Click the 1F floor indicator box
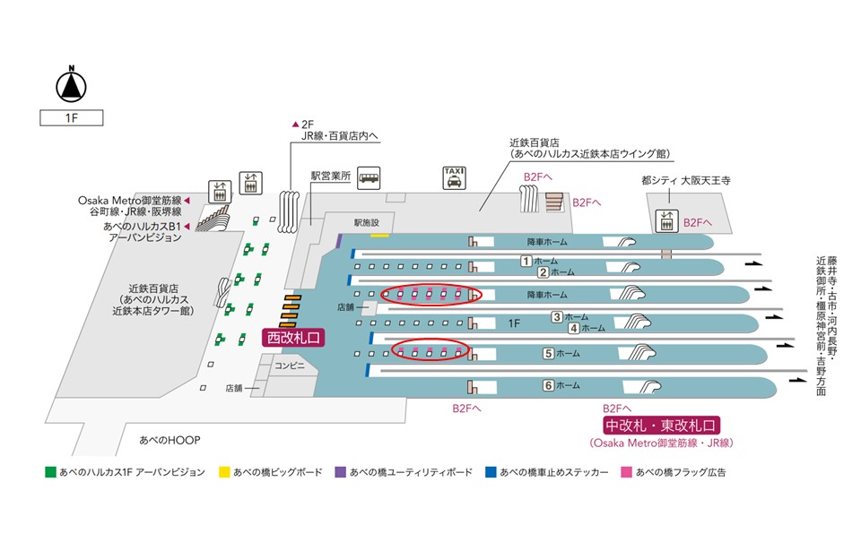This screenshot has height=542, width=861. pos(71,117)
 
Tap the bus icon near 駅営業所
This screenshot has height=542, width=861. pos(369,177)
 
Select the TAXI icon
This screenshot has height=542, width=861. pos(455,177)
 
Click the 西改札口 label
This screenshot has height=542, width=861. pos(291,337)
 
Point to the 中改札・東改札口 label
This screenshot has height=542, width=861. pos(662,425)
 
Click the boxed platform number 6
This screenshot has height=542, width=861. pos(548,385)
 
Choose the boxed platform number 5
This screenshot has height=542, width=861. pos(548,353)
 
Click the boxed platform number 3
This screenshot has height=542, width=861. pos(557,316)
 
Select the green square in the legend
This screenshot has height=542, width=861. pos(50,471)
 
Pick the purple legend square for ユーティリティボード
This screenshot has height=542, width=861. pos(340,471)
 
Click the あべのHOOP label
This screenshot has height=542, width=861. pos(170,440)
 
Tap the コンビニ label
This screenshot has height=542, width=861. pos(290,366)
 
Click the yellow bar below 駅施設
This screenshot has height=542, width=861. pos(379,236)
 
